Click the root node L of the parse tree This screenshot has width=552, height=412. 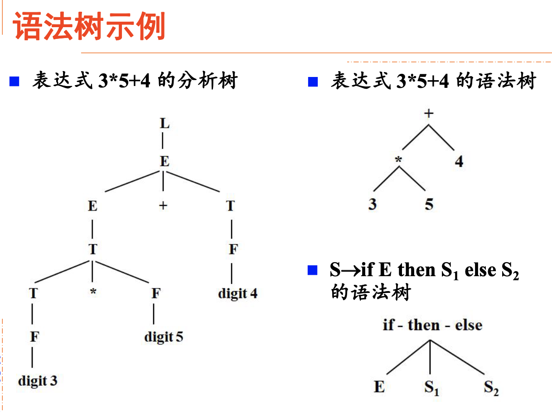[165, 123]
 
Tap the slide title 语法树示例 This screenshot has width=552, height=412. [90, 27]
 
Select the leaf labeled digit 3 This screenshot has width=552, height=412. [38, 381]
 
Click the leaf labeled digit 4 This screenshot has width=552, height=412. [237, 293]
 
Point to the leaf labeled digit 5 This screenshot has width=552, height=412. [164, 337]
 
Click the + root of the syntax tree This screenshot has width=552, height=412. [428, 113]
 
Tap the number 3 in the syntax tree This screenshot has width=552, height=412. [373, 204]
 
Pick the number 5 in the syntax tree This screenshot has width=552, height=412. [429, 204]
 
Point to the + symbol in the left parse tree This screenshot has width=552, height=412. [163, 206]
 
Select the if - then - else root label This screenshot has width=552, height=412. [432, 325]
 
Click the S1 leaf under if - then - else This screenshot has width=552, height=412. [431, 388]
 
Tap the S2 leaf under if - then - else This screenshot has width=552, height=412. [491, 388]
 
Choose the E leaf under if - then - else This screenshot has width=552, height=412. [379, 388]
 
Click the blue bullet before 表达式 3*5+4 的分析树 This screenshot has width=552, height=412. [15, 82]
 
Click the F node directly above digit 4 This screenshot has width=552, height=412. [232, 249]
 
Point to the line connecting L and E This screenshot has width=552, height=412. [163, 142]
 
